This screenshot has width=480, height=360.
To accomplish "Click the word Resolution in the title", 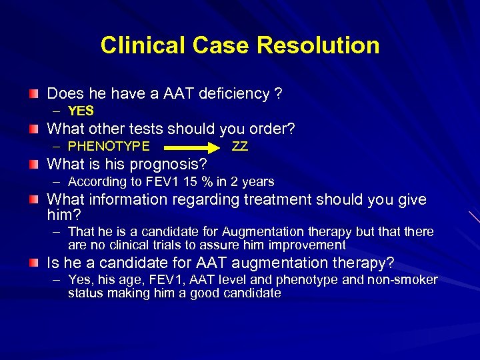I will [318, 45].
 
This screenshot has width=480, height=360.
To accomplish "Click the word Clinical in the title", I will [141, 45].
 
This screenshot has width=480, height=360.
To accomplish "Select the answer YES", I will [81, 111].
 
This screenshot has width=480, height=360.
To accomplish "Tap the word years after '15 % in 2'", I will [258, 182].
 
